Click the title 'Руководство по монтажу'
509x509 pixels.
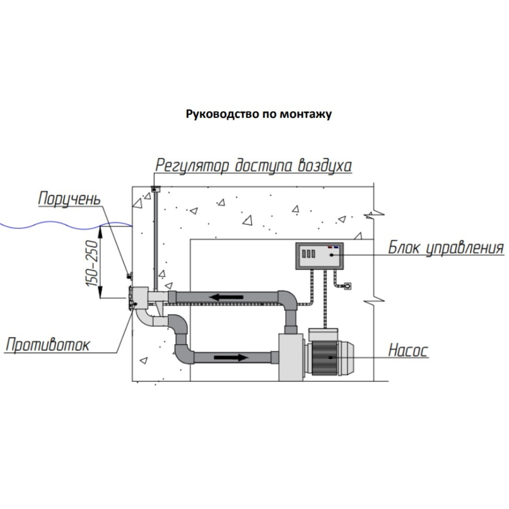(259, 114)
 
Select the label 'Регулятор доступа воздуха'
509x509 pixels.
(254, 165)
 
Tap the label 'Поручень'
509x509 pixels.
(69, 198)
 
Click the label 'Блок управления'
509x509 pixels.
(445, 247)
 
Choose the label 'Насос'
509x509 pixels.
(408, 350)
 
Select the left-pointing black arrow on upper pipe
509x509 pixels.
(227, 297)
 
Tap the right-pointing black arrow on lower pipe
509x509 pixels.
(230, 357)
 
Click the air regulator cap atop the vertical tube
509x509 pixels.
(155, 189)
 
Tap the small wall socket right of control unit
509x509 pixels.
(348, 286)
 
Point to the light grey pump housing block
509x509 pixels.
(290, 357)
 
